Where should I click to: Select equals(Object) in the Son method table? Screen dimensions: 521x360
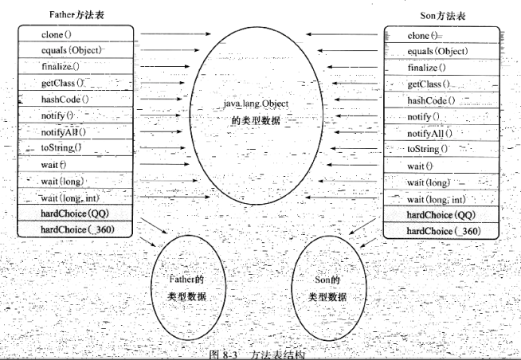(x=437, y=51)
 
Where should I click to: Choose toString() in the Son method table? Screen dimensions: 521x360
(x=429, y=149)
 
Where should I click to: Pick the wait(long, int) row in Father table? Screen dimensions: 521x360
(x=72, y=197)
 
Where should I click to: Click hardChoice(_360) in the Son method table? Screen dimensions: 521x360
(x=443, y=230)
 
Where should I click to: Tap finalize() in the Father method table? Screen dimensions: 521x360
(x=61, y=67)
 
